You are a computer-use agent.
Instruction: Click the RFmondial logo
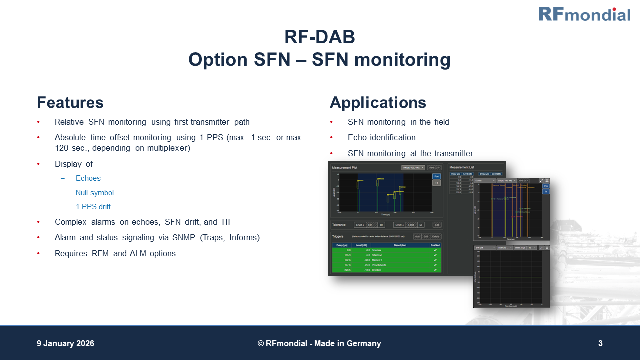tap(584, 14)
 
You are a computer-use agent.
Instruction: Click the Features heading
tap(70, 103)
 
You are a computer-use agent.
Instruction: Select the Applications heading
tap(378, 103)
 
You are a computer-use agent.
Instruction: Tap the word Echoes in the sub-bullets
tap(88, 178)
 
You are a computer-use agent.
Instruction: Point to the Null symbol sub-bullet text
tap(95, 193)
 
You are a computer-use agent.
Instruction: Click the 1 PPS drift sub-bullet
tap(93, 207)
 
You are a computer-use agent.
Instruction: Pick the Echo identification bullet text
tap(382, 138)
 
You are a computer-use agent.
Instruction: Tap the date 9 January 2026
tap(65, 344)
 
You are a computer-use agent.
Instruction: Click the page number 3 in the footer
tap(600, 344)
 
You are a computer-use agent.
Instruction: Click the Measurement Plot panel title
tap(345, 168)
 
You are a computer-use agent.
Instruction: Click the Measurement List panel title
tap(462, 167)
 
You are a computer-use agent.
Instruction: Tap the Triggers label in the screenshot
tap(338, 236)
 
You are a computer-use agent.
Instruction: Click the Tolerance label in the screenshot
tap(339, 225)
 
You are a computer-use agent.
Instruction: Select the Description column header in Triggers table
tap(400, 245)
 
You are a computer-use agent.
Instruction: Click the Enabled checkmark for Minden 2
tap(435, 260)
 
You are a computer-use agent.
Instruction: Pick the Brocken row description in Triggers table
tap(377, 270)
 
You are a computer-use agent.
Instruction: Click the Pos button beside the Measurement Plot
tap(436, 176)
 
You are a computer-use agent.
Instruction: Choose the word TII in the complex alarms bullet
tap(225, 222)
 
